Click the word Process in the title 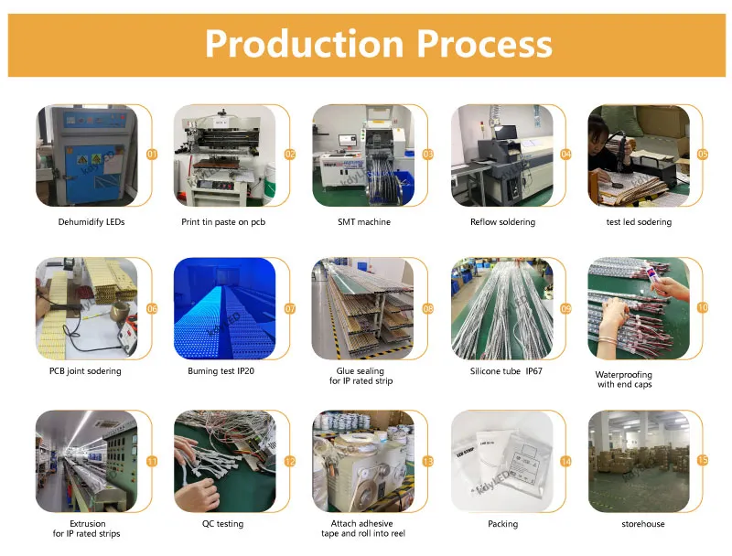485,44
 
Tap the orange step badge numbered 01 152,155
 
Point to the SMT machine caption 364,222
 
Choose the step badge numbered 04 565,155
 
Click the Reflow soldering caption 502,222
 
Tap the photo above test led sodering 638,155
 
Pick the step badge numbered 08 427,309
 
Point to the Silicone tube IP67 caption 502,371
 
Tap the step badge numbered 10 703,308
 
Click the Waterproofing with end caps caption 626,380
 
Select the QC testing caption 223,524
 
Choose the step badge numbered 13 427,462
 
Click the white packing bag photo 501,462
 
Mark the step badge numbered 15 703,461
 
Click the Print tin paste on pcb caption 223,222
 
